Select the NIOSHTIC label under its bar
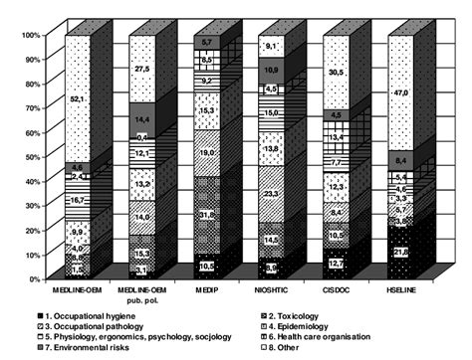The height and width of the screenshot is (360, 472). tap(270, 290)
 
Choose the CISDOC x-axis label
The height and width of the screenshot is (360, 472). tap(337, 290)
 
